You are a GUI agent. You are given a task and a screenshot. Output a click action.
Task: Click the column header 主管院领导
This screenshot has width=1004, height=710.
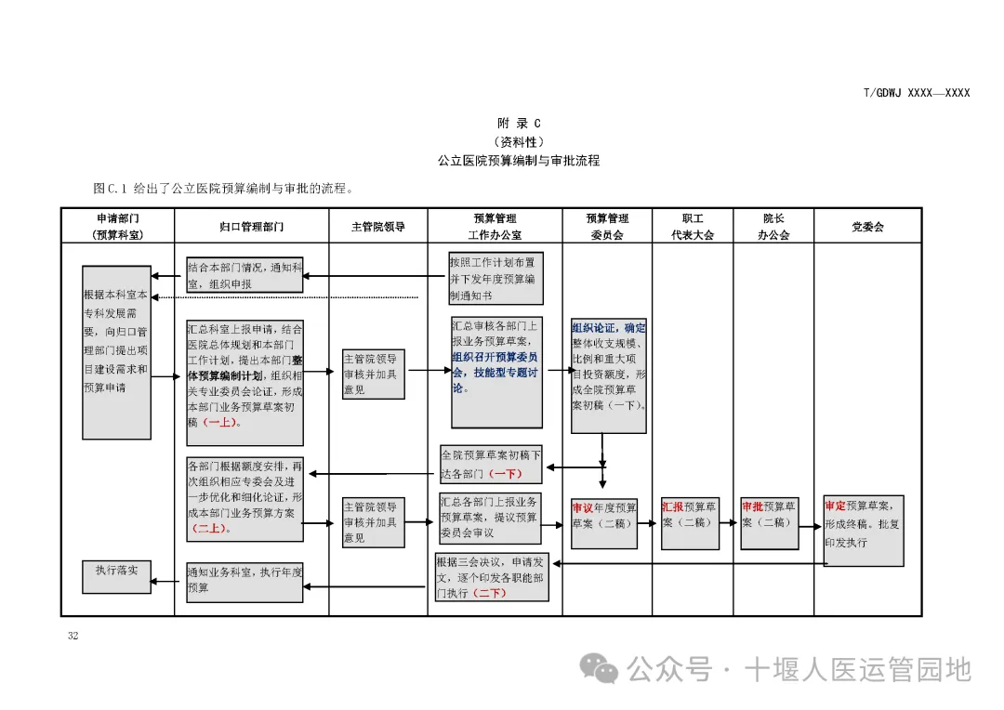tap(377, 226)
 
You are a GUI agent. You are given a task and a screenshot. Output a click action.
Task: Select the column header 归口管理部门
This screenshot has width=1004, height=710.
tap(251, 226)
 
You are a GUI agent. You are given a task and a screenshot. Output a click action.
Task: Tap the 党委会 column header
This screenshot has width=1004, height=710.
tap(867, 226)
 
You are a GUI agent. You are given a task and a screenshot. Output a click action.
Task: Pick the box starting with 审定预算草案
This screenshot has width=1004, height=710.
tap(863, 530)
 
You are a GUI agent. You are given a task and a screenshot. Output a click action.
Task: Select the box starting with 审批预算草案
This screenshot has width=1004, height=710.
tap(770, 522)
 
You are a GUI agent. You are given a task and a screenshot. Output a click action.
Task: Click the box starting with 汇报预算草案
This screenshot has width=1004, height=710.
tap(690, 522)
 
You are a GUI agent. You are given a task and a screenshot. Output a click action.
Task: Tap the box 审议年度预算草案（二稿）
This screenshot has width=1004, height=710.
tap(604, 522)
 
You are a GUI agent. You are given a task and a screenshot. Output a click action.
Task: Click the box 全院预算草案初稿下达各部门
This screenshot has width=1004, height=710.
tap(490, 464)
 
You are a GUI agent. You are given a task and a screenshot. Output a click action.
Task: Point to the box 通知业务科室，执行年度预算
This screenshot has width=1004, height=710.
tap(244, 580)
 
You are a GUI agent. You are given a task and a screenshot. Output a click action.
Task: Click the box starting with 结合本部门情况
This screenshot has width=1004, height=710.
tap(244, 275)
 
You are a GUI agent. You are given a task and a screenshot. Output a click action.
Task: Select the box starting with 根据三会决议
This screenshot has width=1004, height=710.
tap(492, 576)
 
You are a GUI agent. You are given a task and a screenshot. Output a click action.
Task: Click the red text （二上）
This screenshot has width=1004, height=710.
tap(209, 529)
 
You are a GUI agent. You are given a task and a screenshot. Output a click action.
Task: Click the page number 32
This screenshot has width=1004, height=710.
tap(73, 637)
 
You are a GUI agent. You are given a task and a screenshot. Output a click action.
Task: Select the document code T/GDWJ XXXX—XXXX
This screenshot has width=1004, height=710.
tap(916, 93)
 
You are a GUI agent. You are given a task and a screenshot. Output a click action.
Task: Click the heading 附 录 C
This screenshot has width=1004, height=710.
tap(519, 124)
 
